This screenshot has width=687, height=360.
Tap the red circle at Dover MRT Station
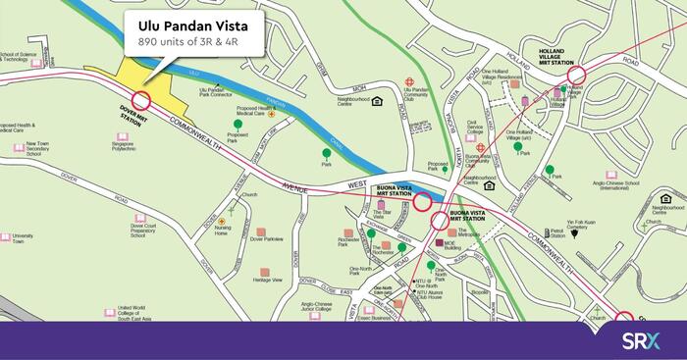[141, 99]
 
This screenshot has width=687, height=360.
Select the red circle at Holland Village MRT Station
[575, 74]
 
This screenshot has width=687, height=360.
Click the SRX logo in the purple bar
[643, 341]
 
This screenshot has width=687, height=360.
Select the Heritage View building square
[265, 272]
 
